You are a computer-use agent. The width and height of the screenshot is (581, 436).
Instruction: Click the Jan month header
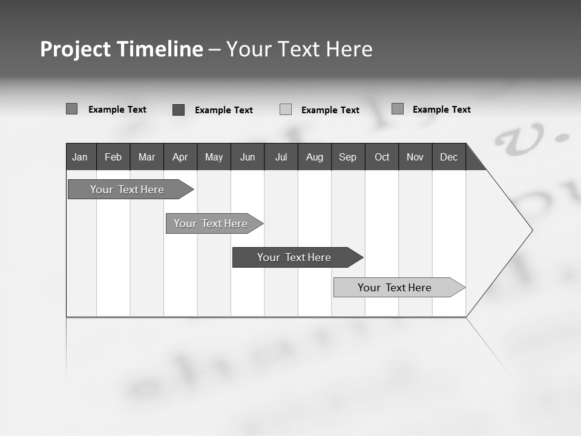tap(80, 157)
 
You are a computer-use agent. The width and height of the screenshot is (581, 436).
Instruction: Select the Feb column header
tap(113, 157)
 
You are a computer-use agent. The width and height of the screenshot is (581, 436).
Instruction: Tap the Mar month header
tap(146, 157)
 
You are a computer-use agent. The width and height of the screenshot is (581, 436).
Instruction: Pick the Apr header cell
tap(180, 157)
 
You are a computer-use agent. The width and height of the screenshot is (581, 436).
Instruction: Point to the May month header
tap(214, 157)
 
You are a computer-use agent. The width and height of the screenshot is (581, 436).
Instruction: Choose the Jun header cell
tap(248, 157)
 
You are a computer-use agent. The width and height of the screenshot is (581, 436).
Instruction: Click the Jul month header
tap(281, 157)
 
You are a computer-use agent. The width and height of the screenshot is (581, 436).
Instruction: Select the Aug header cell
tap(315, 157)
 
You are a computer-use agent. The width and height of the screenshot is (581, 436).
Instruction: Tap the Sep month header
tap(348, 157)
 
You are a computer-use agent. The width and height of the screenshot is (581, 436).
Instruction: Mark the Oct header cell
tap(382, 157)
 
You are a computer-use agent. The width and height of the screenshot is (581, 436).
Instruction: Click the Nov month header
tap(415, 157)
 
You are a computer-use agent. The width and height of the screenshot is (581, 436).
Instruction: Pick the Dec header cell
tap(449, 157)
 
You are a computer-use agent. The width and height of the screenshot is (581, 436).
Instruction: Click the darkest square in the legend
tap(179, 110)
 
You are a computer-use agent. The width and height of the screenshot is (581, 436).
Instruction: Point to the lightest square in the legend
tap(286, 110)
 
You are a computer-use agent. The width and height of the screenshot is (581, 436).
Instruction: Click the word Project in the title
tap(76, 49)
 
